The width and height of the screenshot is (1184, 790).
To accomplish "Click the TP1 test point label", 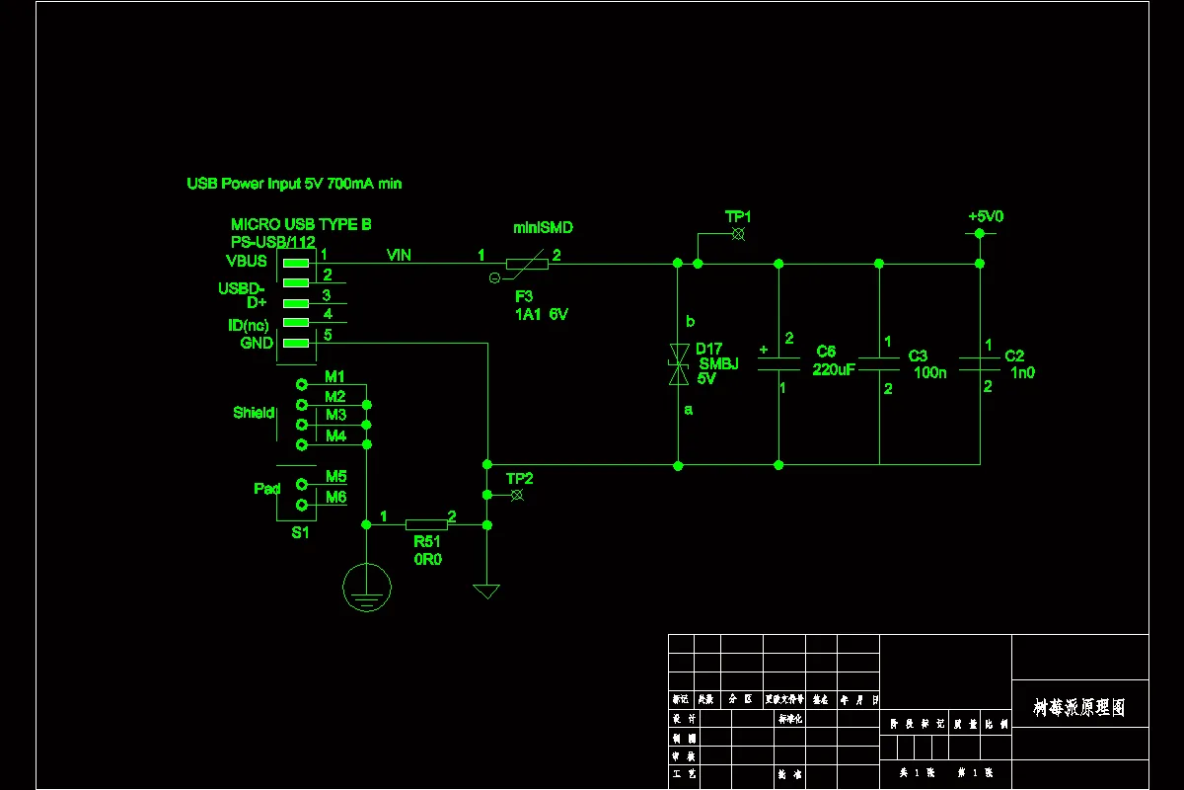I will [738, 216].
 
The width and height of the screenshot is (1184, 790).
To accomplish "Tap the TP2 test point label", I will [520, 479].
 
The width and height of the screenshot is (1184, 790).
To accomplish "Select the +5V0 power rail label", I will [986, 216].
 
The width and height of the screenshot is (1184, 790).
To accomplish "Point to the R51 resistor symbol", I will [426, 525].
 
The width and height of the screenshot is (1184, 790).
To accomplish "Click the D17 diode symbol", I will [678, 364].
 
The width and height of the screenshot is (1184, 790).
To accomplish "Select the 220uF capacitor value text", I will [834, 369].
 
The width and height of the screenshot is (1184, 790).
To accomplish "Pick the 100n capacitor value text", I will [929, 372].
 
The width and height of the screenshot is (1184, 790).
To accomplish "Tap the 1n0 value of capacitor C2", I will [1022, 372].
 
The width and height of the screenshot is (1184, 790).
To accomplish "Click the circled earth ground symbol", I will [366, 587].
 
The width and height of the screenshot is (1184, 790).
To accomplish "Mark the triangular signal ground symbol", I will [486, 591].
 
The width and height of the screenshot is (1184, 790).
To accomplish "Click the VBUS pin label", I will [246, 262].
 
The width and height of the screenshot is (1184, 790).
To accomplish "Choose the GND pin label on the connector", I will [256, 343].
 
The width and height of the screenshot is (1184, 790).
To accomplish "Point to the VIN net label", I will [399, 256].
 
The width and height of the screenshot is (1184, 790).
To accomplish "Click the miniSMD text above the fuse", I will [543, 228].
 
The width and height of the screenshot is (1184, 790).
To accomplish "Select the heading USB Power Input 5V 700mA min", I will [294, 184].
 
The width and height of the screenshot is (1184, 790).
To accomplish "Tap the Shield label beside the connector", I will [254, 413].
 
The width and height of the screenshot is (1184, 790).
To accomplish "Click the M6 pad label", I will [335, 498].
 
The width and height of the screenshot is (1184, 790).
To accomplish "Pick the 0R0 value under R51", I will [427, 559].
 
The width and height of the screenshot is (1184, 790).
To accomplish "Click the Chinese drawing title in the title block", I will [1078, 708].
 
